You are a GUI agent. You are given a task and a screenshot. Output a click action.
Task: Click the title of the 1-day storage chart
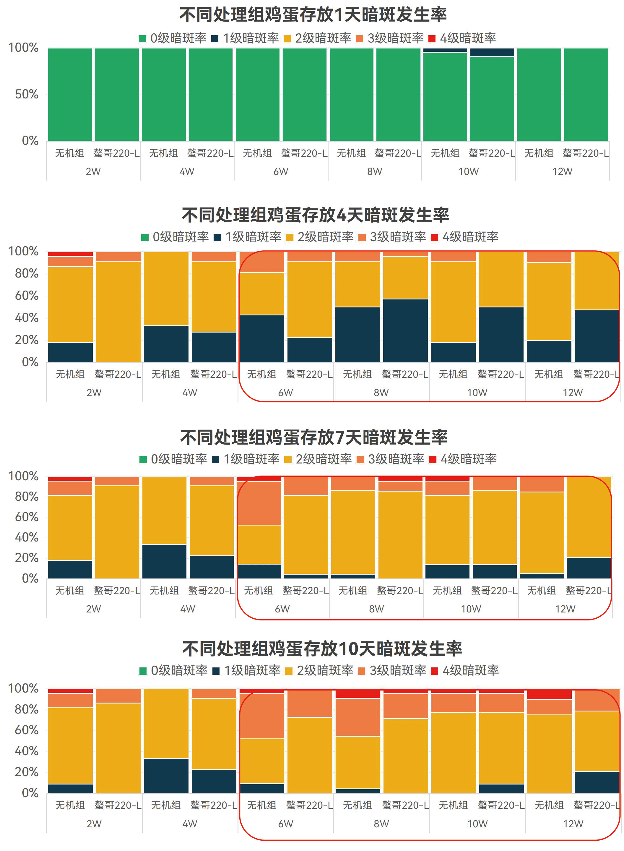(x=313, y=15)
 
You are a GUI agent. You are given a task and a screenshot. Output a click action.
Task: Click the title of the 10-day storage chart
(x=322, y=649)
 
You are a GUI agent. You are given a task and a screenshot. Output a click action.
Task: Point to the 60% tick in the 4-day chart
(x=26, y=296)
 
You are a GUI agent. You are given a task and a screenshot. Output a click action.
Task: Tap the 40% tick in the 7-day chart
(x=26, y=537)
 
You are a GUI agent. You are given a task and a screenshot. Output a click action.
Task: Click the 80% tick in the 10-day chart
(x=26, y=709)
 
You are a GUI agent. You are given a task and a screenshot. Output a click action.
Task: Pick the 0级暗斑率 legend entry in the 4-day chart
(x=175, y=237)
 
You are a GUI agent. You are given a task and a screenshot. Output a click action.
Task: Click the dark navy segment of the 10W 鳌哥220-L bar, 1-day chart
(x=492, y=52)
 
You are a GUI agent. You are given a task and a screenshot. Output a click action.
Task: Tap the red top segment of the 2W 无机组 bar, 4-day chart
(x=70, y=254)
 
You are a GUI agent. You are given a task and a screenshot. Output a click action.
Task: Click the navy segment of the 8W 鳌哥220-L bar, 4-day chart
(x=405, y=331)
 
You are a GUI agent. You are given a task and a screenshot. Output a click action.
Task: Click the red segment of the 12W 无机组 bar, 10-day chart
(x=549, y=694)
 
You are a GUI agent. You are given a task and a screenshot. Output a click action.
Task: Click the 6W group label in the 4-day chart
(x=286, y=393)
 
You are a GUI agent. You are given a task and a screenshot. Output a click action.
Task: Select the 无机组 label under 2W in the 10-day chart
(x=70, y=805)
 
